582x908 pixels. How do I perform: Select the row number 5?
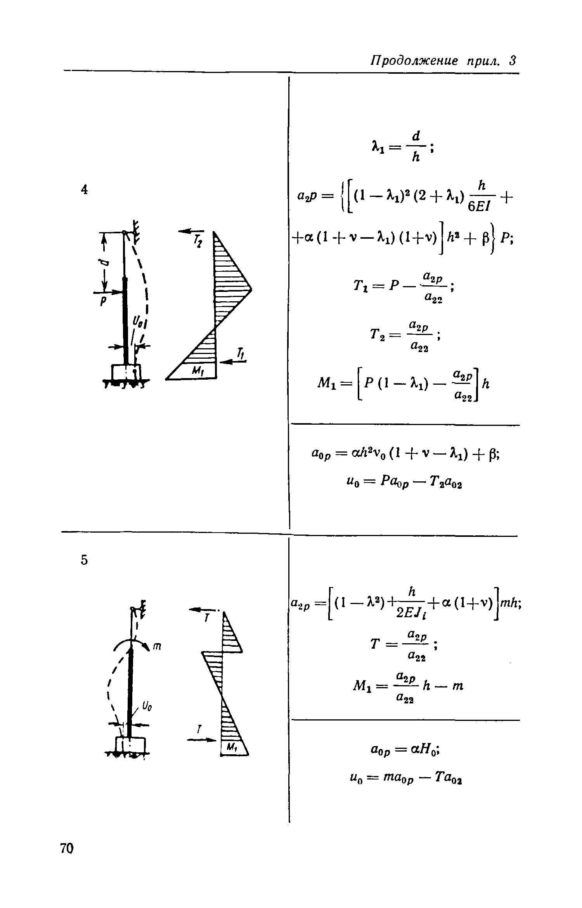(85, 560)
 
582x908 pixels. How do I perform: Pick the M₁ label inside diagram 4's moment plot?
(198, 372)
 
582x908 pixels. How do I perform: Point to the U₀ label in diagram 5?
(147, 707)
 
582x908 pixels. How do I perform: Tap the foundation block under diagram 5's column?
(131, 745)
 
